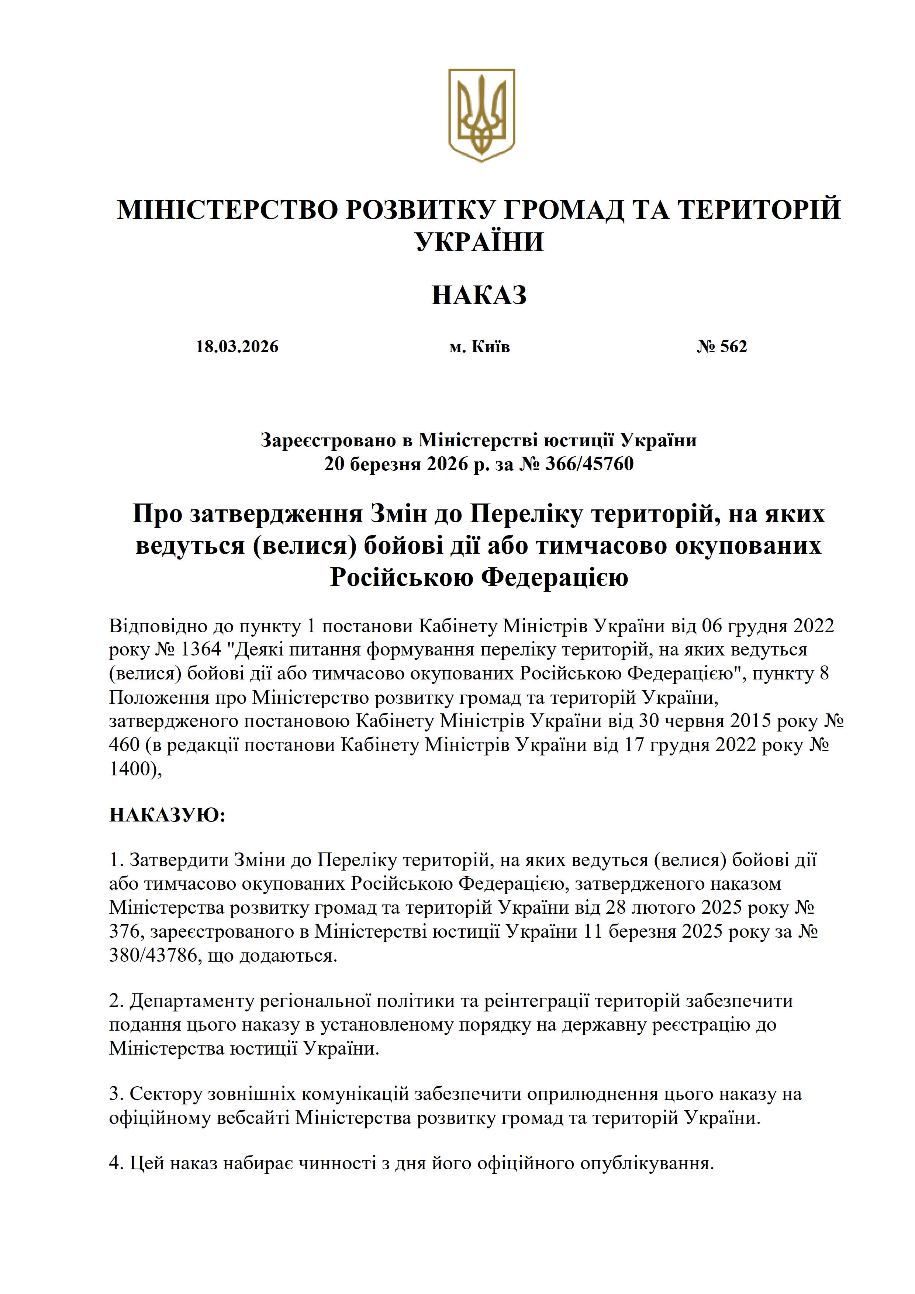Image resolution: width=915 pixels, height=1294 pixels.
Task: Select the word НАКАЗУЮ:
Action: point(167,815)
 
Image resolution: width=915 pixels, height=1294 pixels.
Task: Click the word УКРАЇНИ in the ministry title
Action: point(479,241)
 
